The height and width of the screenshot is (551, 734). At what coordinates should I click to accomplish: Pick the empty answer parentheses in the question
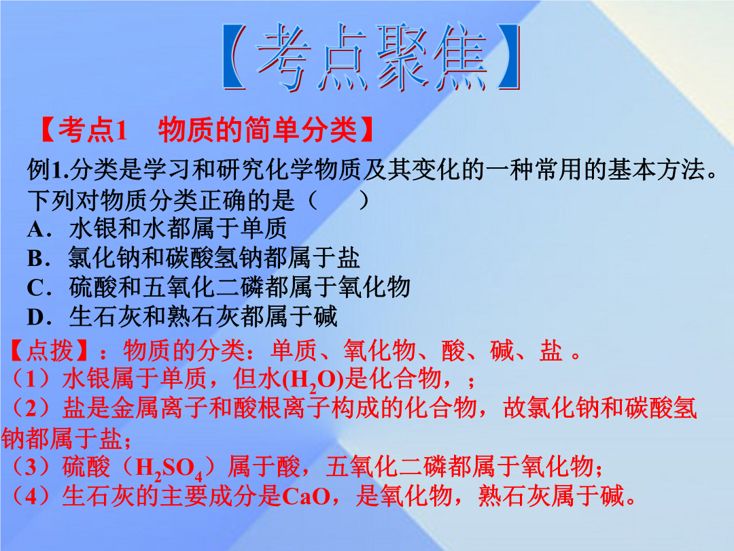[338, 200]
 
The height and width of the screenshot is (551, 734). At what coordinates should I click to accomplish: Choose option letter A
[37, 230]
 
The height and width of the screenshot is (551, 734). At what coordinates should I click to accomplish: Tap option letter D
[37, 317]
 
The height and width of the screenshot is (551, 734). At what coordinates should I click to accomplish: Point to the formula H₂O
[313, 380]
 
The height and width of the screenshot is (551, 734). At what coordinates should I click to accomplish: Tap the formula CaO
[306, 496]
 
